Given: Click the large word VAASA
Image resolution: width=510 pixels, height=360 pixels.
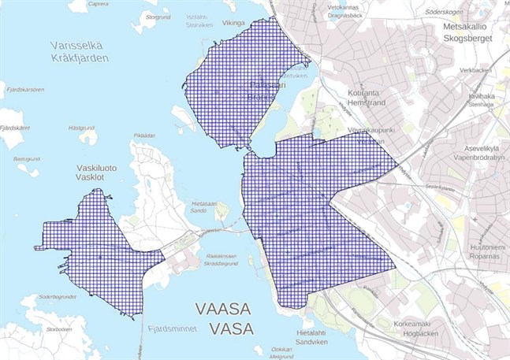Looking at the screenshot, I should point(226,308).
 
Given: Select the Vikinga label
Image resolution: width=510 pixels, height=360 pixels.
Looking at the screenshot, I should point(234,24).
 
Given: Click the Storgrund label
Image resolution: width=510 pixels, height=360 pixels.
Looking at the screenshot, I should point(158,17).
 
